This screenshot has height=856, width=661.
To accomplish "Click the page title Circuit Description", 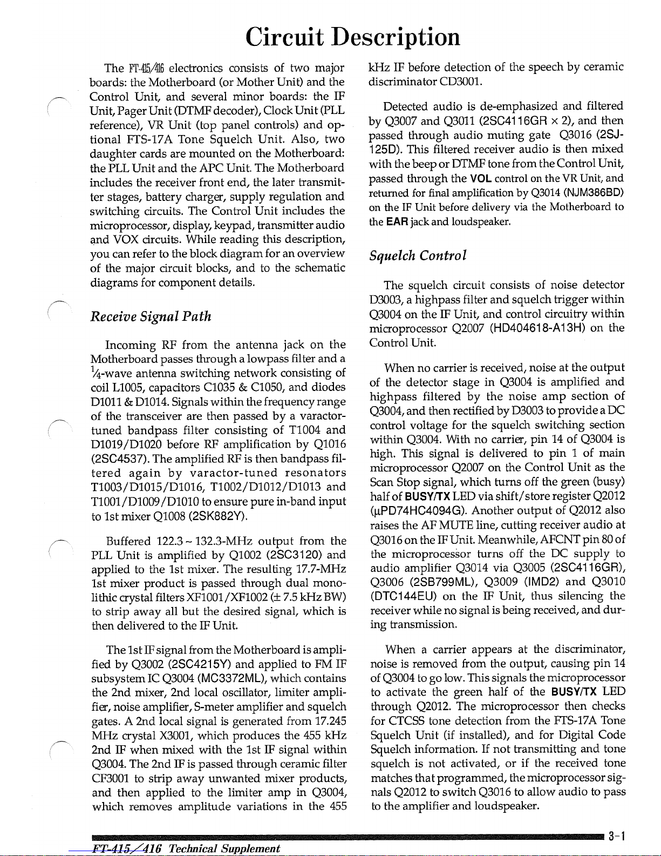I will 353,37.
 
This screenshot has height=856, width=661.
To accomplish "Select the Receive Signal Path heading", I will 151,316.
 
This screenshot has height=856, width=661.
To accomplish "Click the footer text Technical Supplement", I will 224,848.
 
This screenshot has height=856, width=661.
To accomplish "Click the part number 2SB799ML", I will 438,582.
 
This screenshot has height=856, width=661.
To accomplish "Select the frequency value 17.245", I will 330,721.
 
